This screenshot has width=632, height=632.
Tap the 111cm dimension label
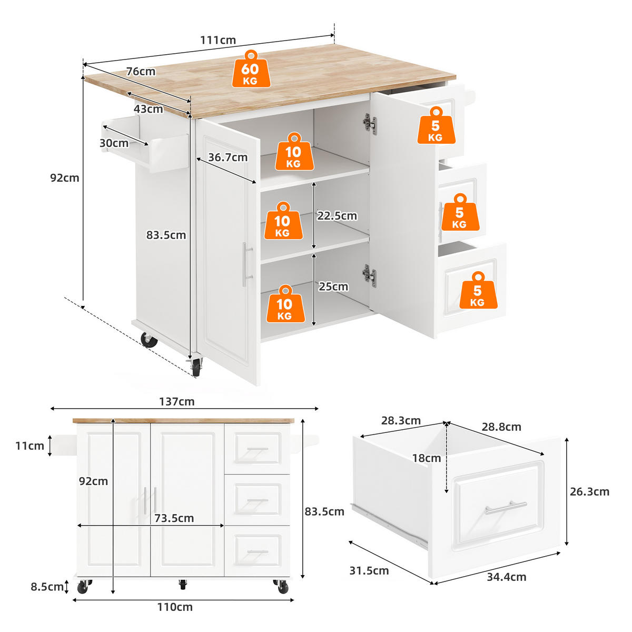pyautogui.click(x=218, y=40)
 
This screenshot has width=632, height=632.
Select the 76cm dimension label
pyautogui.click(x=141, y=71)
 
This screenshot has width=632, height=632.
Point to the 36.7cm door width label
pyautogui.click(x=228, y=157)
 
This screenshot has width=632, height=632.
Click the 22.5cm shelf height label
pyautogui.click(x=337, y=215)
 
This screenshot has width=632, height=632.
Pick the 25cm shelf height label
pyautogui.click(x=333, y=287)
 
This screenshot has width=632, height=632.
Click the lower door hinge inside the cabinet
pyautogui.click(x=370, y=275)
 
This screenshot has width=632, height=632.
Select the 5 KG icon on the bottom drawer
pyautogui.click(x=477, y=290)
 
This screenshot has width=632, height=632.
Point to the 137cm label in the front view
pyautogui.click(x=177, y=401)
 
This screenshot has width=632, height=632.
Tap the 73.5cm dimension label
pyautogui.click(x=174, y=518)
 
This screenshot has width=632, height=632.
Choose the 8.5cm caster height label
pyautogui.click(x=47, y=587)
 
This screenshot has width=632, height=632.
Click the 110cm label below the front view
pyautogui.click(x=175, y=607)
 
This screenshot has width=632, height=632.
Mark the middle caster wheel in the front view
pyautogui.click(x=183, y=584)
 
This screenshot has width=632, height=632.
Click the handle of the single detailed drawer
pyautogui.click(x=506, y=508)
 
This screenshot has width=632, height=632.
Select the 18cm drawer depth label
pyautogui.click(x=427, y=458)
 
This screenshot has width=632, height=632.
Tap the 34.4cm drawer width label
pyautogui.click(x=506, y=577)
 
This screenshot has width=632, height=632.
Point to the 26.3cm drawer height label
pyautogui.click(x=589, y=491)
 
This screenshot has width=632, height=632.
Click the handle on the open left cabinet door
pyautogui.click(x=245, y=264)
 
